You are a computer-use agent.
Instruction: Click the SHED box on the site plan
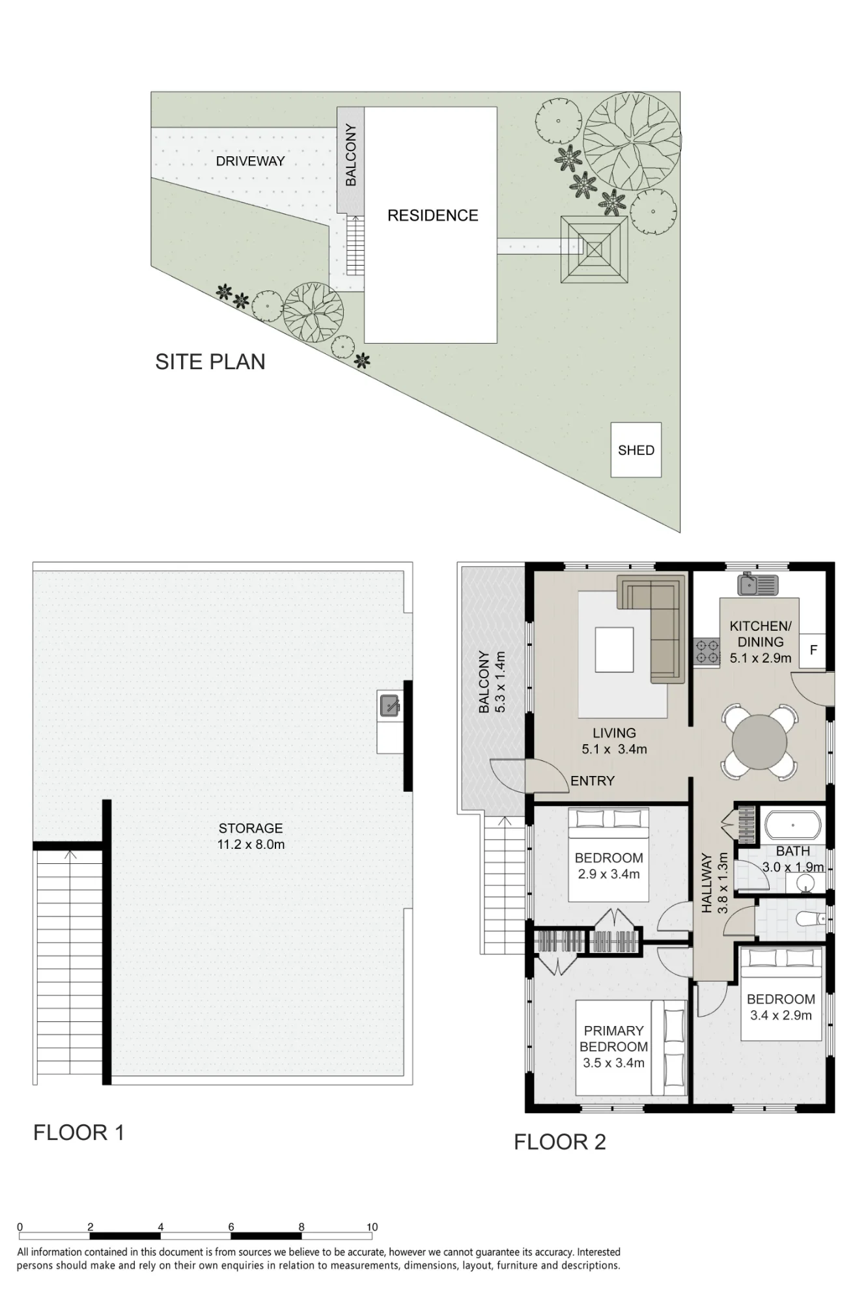pos(636,450)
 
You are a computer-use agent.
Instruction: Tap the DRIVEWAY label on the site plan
pos(250,161)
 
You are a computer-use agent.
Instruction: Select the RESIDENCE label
pos(432,215)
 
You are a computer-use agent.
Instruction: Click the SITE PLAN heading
pos(210,362)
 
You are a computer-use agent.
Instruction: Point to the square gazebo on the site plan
pos(595,249)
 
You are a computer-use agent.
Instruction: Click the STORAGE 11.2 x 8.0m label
pos(251,837)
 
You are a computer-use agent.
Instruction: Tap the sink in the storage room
pos(389,706)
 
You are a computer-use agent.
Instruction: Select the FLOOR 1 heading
pos(79,1133)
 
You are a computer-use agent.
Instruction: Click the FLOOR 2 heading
pos(560,1142)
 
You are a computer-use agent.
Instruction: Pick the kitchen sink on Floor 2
pos(758,585)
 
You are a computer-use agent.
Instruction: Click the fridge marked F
pos(813,650)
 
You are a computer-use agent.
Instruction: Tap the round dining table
pos(759,741)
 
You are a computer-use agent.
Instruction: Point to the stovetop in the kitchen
pos(707,652)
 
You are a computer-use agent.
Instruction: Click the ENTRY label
pos(593,781)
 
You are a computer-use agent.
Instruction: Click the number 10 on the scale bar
pos(372,1226)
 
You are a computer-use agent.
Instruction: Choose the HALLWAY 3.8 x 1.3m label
pos(714,883)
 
